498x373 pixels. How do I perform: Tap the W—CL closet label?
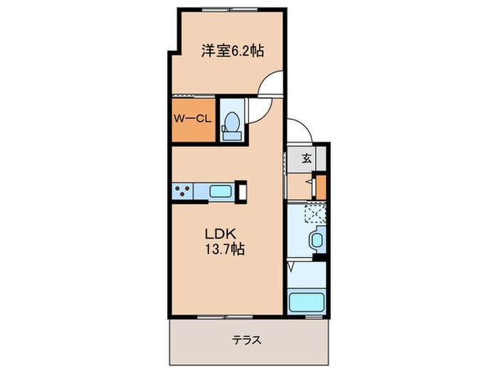[192, 119]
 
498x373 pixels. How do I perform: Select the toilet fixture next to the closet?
[231, 121]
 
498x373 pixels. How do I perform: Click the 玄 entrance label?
[306, 158]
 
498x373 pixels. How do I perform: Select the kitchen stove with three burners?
[181, 190]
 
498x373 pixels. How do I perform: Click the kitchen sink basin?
[220, 190]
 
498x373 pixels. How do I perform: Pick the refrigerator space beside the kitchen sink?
[243, 191]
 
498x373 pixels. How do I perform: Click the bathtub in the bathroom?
[307, 301]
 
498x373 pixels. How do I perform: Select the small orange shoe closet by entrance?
[321, 185]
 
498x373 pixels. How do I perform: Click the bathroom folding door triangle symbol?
[292, 269]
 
